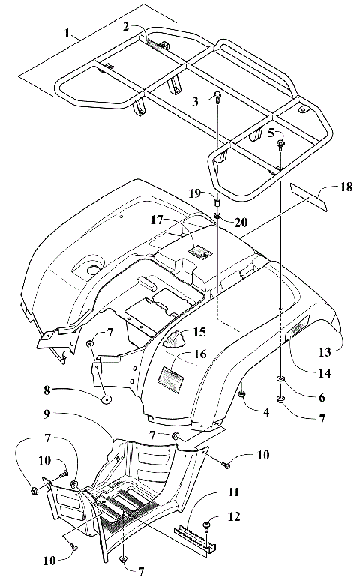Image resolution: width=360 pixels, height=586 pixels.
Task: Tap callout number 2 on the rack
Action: click(127, 26)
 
